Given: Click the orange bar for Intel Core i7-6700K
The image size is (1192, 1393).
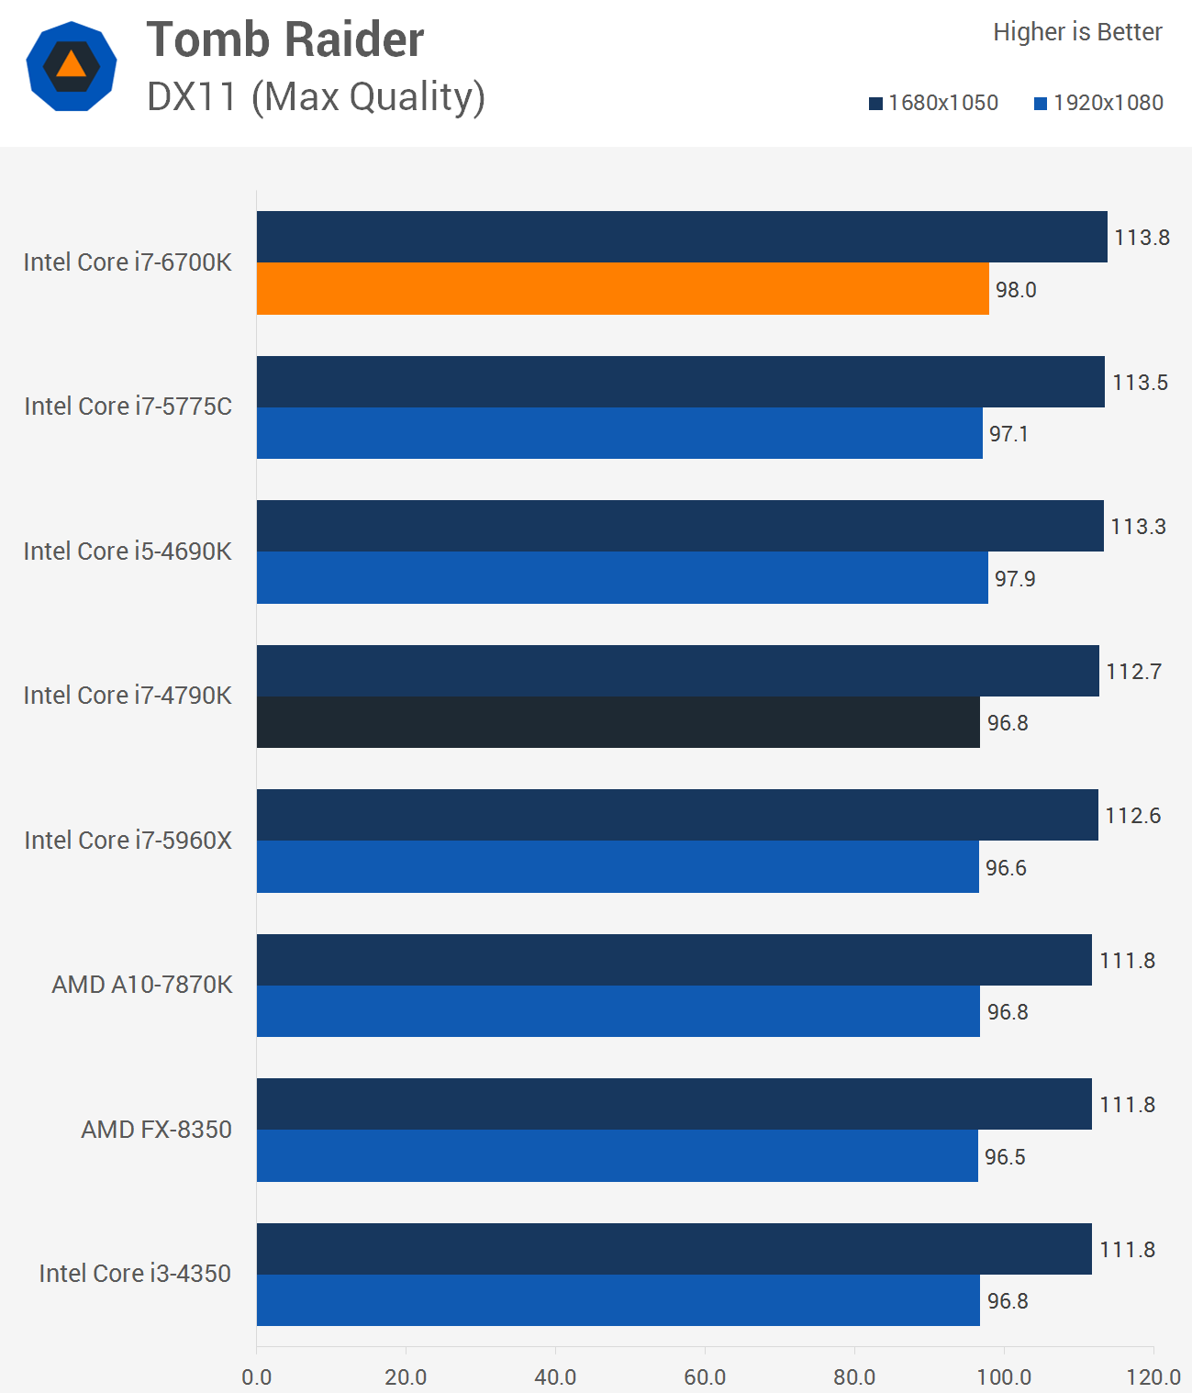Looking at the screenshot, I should pyautogui.click(x=622, y=289).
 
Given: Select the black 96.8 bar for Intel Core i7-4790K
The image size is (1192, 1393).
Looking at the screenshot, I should pyautogui.click(x=618, y=722).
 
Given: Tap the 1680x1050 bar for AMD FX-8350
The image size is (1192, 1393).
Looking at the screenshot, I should pyautogui.click(x=674, y=1104).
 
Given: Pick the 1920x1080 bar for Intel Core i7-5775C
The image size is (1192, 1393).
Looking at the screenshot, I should pyautogui.click(x=619, y=433).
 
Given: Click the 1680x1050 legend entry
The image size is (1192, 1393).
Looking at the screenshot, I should pyautogui.click(x=933, y=103).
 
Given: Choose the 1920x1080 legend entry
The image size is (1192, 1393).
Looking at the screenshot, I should pyautogui.click(x=1098, y=103).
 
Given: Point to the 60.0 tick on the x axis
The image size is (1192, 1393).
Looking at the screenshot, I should pyautogui.click(x=705, y=1376).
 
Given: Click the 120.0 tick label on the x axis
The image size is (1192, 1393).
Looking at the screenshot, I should pyautogui.click(x=1153, y=1376).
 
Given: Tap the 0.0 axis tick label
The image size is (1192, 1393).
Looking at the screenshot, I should pyautogui.click(x=257, y=1376).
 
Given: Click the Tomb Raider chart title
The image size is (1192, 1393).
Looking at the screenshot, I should pyautogui.click(x=285, y=39).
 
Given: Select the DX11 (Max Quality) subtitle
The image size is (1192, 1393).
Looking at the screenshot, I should pyautogui.click(x=316, y=96).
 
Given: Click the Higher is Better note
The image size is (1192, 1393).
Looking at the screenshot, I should pyautogui.click(x=1077, y=32).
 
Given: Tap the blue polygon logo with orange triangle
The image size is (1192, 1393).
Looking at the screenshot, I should pyautogui.click(x=72, y=66).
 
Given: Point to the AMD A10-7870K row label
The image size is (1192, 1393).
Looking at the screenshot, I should pyautogui.click(x=142, y=985).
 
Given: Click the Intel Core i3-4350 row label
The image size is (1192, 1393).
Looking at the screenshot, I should pyautogui.click(x=135, y=1274).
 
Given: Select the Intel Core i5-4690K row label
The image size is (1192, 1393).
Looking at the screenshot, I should pyautogui.click(x=128, y=551).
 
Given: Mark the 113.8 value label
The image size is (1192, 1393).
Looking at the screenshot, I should pyautogui.click(x=1142, y=238).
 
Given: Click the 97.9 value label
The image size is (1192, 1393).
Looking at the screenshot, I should pyautogui.click(x=1015, y=579).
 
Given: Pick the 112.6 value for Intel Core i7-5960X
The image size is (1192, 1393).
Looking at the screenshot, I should pyautogui.click(x=1132, y=816).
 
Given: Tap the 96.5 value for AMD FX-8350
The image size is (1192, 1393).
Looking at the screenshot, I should pyautogui.click(x=1005, y=1157).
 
